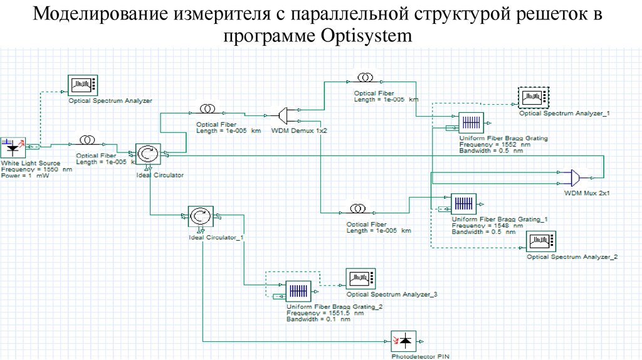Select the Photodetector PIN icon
[403, 341]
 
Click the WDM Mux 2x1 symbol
[572, 176]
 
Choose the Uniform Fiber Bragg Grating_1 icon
[464, 203]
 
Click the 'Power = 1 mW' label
[25, 176]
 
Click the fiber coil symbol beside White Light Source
[87, 139]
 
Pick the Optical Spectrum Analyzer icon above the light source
[81, 84]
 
